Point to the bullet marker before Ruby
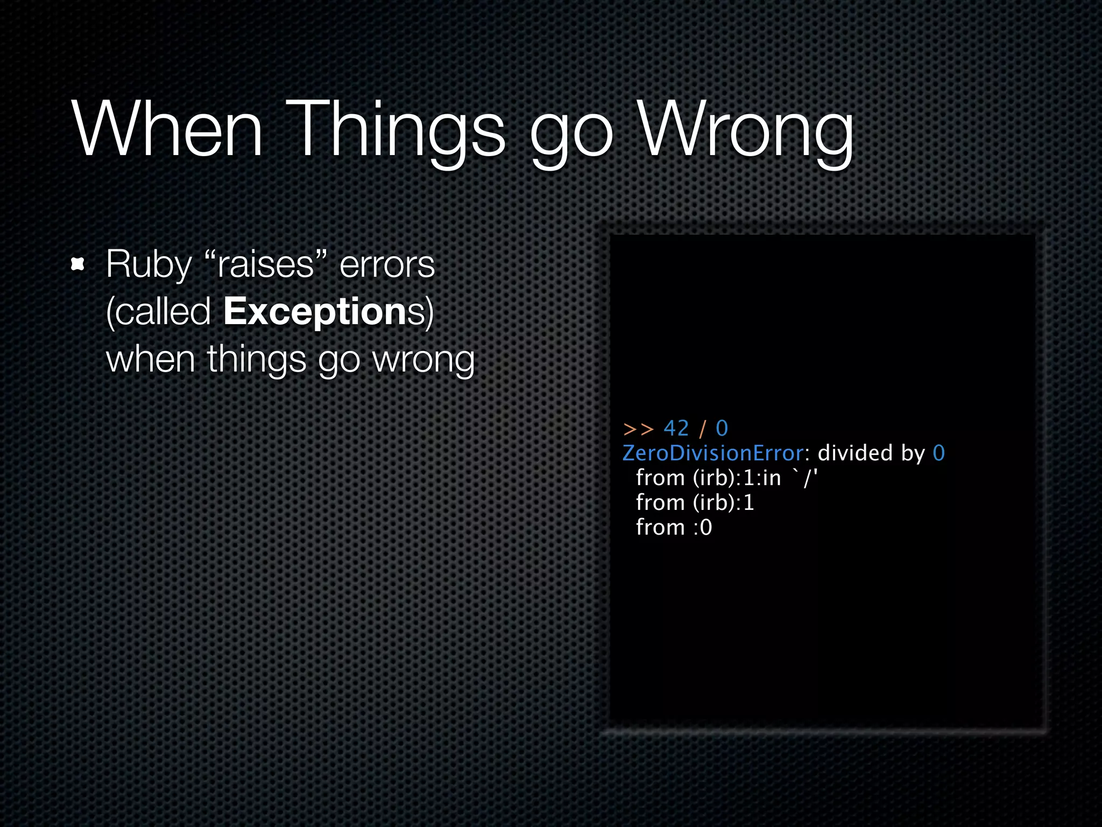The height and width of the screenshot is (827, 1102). pyautogui.click(x=78, y=264)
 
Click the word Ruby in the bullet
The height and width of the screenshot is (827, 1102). pyautogui.click(x=149, y=265)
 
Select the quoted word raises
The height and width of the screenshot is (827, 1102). pyautogui.click(x=266, y=265)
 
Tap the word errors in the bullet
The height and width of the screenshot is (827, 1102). pyautogui.click(x=387, y=265)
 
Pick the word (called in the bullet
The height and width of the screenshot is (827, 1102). pyautogui.click(x=158, y=312)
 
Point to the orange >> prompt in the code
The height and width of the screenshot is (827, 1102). pyautogui.click(x=638, y=429)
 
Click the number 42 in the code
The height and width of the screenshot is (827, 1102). pyautogui.click(x=676, y=429)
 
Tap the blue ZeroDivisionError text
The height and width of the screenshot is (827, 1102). pyautogui.click(x=712, y=453)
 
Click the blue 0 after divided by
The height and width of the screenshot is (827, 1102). pyautogui.click(x=938, y=453)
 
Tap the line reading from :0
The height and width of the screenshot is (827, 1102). pyautogui.click(x=674, y=527)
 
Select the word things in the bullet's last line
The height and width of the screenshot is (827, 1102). pyautogui.click(x=257, y=360)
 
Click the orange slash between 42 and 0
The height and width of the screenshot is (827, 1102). pyautogui.click(x=702, y=429)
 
